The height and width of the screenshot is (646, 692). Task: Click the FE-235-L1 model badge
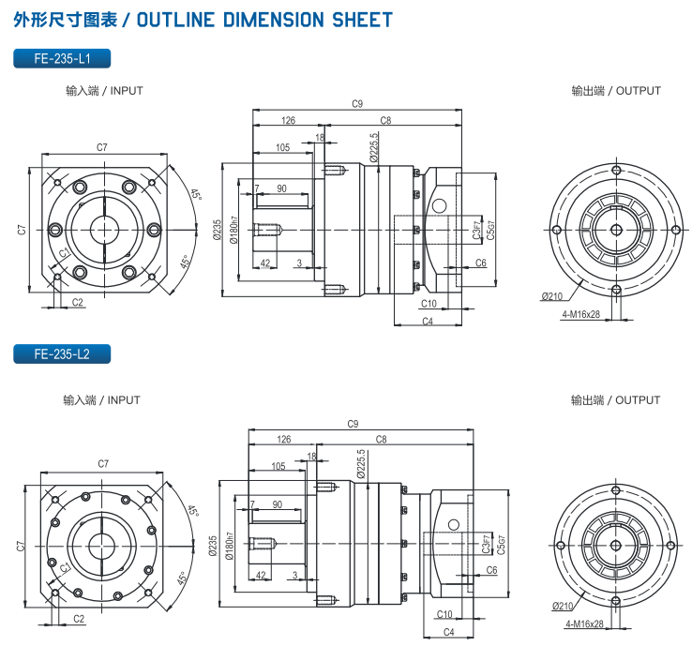[62, 58]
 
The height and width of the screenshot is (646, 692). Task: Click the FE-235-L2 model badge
[62, 353]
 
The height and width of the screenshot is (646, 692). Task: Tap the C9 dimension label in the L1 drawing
[357, 104]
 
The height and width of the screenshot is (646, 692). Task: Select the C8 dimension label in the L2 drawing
[382, 439]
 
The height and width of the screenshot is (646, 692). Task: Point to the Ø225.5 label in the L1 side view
[374, 146]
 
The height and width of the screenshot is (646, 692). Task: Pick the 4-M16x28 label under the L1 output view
[580, 314]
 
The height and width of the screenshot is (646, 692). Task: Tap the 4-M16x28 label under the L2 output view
[582, 623]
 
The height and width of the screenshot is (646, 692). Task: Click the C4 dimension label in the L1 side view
[427, 322]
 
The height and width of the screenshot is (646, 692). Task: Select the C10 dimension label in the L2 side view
[444, 614]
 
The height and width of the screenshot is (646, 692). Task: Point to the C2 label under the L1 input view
[78, 302]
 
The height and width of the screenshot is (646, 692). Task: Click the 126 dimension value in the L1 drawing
[288, 120]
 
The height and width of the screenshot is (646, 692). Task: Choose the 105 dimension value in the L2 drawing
[278, 466]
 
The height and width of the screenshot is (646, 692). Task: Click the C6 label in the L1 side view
[480, 263]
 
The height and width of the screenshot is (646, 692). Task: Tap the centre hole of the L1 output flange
[615, 229]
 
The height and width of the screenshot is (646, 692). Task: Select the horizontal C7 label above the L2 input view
[102, 464]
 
